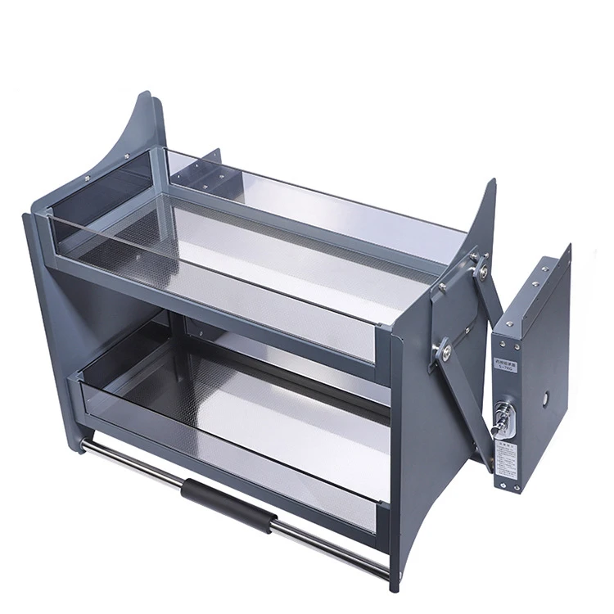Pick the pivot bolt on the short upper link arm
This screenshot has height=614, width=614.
(483, 264)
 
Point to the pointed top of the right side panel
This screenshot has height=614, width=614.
(491, 185)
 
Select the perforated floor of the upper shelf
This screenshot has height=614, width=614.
(270, 246)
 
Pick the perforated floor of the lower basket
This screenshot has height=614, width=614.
(270, 401)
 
